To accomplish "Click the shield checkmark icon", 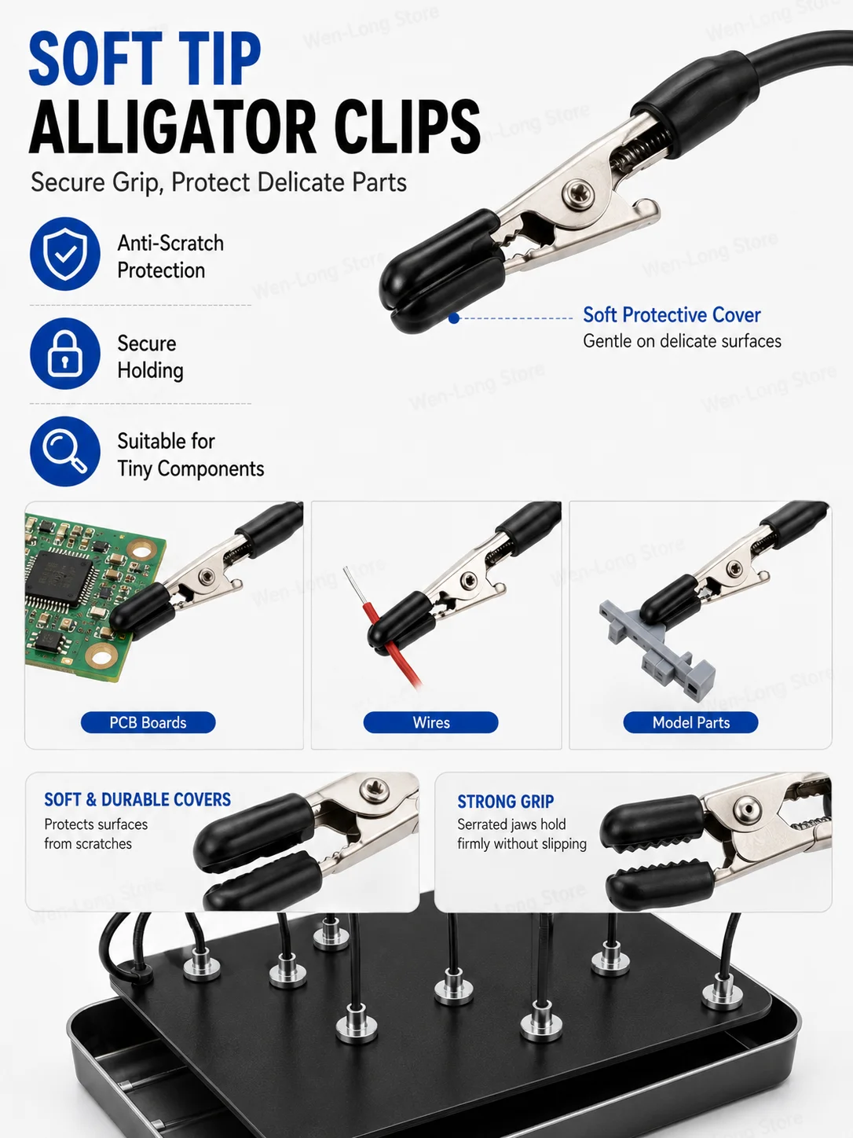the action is pyautogui.click(x=64, y=254).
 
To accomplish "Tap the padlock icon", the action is pyautogui.click(x=64, y=354).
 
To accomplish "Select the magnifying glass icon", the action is pyautogui.click(x=64, y=451).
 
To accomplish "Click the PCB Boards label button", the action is pyautogui.click(x=148, y=722).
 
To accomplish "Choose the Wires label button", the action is pyautogui.click(x=431, y=722).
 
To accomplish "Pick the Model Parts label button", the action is pyautogui.click(x=690, y=722).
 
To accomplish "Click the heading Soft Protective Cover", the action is pyautogui.click(x=672, y=314).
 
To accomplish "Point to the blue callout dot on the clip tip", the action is pyautogui.click(x=454, y=318).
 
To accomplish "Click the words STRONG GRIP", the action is pyautogui.click(x=506, y=802).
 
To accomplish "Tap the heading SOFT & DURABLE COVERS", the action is pyautogui.click(x=137, y=799).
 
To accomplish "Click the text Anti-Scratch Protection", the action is pyautogui.click(x=170, y=257).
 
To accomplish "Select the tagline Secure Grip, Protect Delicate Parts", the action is pyautogui.click(x=218, y=182).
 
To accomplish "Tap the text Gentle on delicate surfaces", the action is pyautogui.click(x=682, y=341).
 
